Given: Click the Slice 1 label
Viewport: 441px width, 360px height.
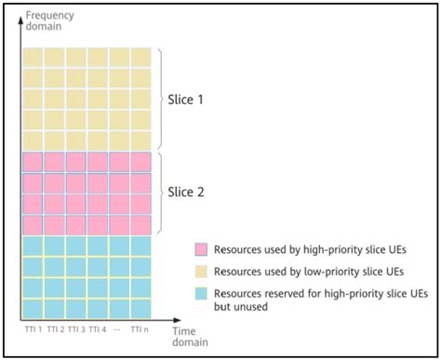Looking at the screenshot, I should pos(187,99).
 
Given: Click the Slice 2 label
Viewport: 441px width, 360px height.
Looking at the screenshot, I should pos(187,193).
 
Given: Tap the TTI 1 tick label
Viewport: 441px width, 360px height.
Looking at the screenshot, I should pos(33,328).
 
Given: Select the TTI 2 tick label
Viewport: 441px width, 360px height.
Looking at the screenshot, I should pos(55,328).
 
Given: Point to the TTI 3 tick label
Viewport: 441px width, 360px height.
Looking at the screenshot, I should pos(76,328).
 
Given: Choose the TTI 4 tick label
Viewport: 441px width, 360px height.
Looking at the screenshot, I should pos(98,328).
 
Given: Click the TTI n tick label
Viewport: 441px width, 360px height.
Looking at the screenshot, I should pos(140,328).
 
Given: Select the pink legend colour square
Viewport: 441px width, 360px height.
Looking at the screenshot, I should pos(200,250).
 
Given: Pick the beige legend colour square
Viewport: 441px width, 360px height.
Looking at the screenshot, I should pos(200,273).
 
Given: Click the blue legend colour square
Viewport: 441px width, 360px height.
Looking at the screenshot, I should pos(200,294).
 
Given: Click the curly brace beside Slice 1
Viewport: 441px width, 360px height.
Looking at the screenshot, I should pos(161,99).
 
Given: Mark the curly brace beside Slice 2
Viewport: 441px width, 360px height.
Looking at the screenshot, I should pos(161,193).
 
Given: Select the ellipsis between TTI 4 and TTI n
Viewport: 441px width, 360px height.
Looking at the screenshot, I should pos(119,328).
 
